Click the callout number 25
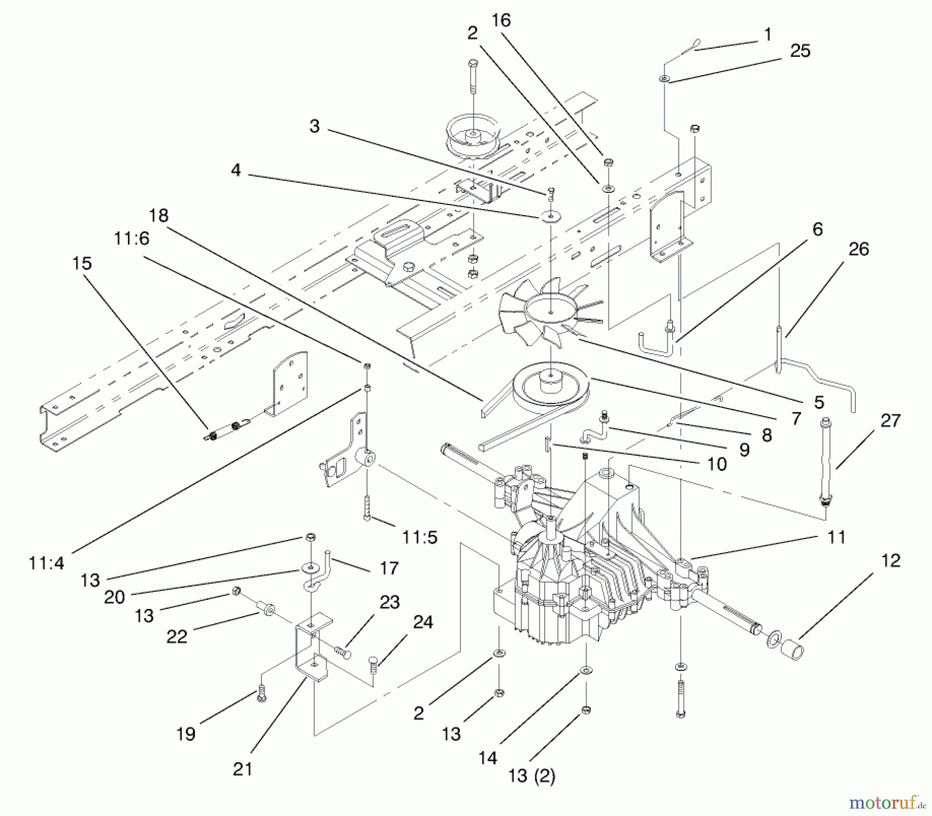point(800,51)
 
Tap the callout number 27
point(890,420)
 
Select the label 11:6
point(132,238)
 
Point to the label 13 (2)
point(532,776)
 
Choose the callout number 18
point(159,215)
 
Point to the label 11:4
point(47,563)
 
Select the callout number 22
point(176,636)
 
